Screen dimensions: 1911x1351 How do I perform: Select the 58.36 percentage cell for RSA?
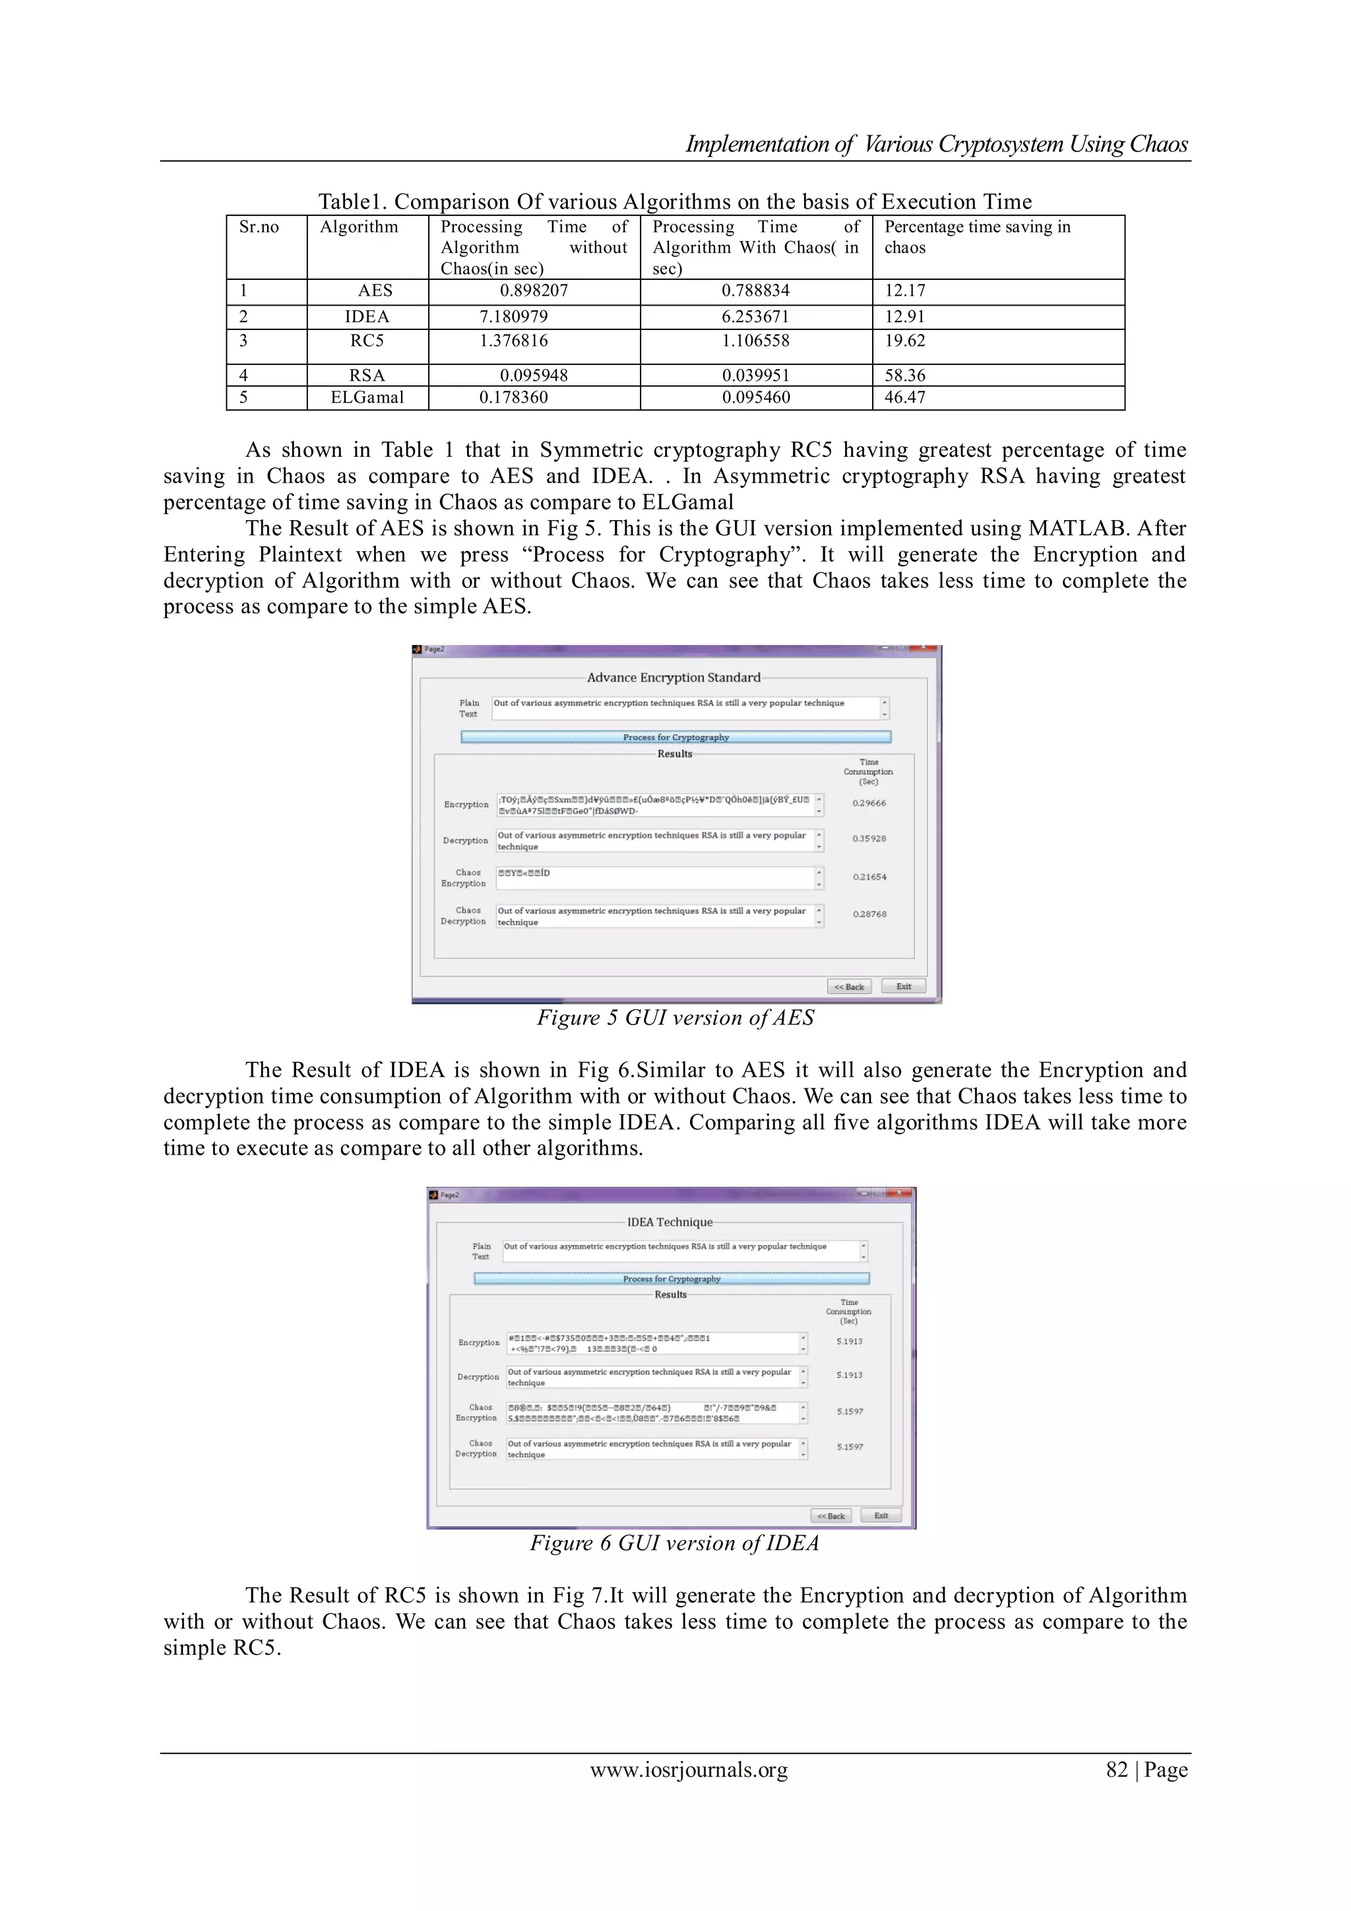(904, 376)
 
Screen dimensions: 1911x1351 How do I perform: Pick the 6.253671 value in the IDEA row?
(755, 317)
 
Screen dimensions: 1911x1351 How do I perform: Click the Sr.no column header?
(259, 227)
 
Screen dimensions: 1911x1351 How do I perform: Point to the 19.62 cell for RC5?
(904, 341)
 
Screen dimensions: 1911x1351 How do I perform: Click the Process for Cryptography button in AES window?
(675, 737)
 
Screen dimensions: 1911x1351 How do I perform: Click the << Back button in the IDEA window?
(831, 1516)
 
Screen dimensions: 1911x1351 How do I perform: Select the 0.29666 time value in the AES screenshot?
(869, 803)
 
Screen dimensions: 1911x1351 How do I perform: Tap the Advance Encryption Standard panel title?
(673, 677)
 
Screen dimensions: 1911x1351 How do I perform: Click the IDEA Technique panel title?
(670, 1222)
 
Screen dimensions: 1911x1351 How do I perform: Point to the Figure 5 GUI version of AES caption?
(675, 1018)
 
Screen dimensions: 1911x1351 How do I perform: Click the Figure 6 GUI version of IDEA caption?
(675, 1543)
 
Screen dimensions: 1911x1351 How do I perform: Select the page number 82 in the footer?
(1116, 1770)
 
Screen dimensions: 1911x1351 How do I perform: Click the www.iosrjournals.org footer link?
(688, 1770)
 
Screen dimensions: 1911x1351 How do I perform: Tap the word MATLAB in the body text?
(1077, 529)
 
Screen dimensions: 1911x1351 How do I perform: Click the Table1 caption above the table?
(675, 201)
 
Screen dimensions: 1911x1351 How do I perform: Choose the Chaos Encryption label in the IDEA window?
(477, 1413)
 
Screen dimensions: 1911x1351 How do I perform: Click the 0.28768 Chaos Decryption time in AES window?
(869, 914)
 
